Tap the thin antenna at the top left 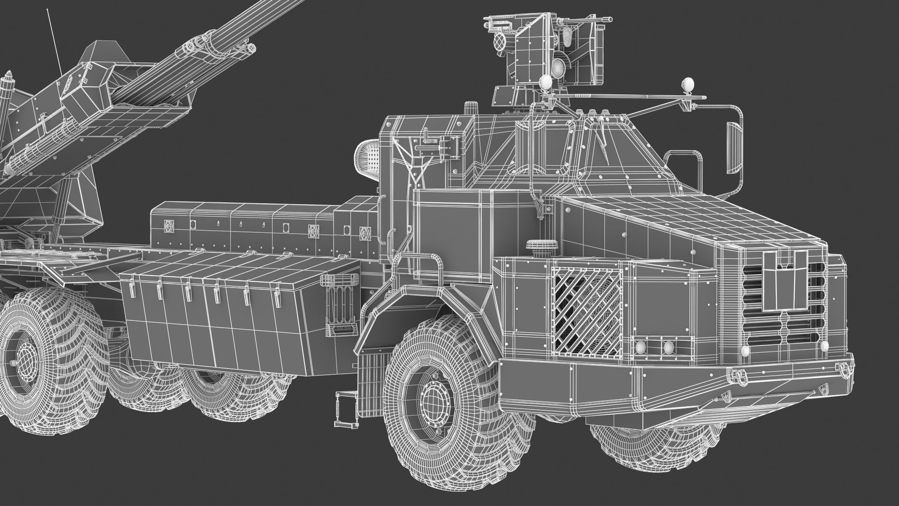tap(54, 40)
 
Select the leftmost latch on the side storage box tap(132, 287)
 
